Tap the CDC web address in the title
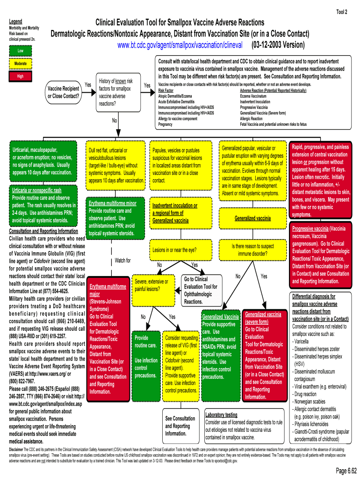click(x=180, y=45)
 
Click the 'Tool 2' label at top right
click(x=342, y=12)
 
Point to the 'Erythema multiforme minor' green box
click(x=113, y=218)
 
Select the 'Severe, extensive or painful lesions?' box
click(x=151, y=285)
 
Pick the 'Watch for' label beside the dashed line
click(x=123, y=261)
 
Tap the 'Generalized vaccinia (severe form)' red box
click(x=264, y=355)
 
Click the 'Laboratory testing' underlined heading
click(x=221, y=415)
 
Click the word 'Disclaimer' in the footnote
click(x=17, y=449)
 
